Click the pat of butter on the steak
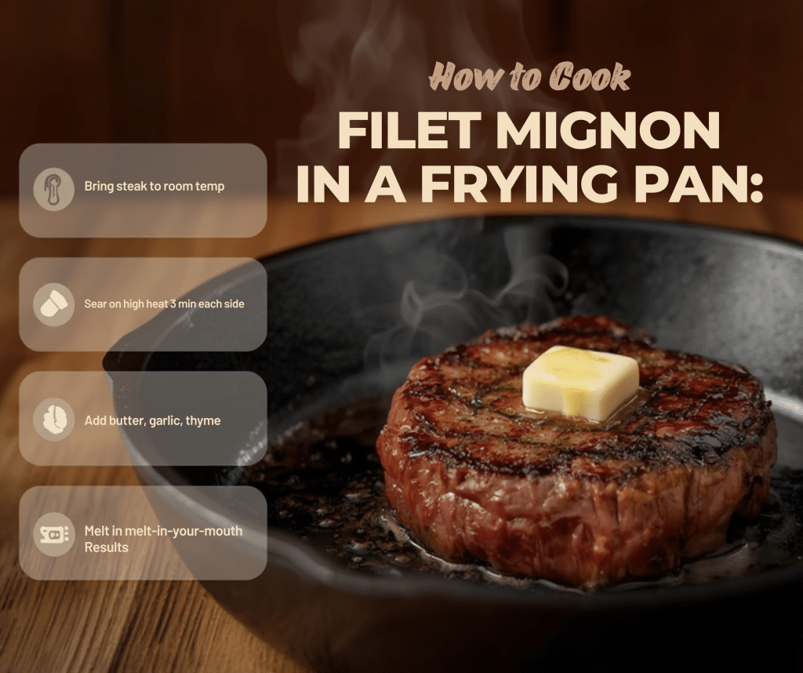pyautogui.click(x=581, y=381)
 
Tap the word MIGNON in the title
pyautogui.click(x=608, y=131)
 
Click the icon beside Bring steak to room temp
pyautogui.click(x=54, y=189)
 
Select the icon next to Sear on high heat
pyautogui.click(x=54, y=305)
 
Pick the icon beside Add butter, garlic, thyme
pyautogui.click(x=54, y=420)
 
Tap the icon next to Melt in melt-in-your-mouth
pyautogui.click(x=54, y=534)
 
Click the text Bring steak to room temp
pyautogui.click(x=154, y=187)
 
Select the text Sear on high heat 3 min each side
pyautogui.click(x=164, y=304)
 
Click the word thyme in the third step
pyautogui.click(x=203, y=421)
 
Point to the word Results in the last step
pyautogui.click(x=106, y=547)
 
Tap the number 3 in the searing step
pyautogui.click(x=173, y=304)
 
